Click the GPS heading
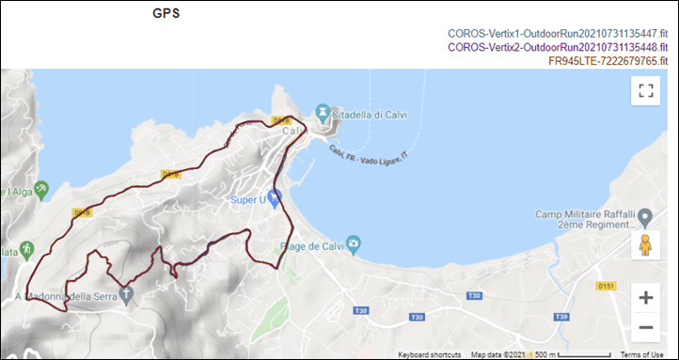coord(167,14)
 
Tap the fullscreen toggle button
coord(645,90)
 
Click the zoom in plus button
coord(645,298)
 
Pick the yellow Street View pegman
coord(645,245)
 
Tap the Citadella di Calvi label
coord(377,112)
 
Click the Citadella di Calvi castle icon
coord(323,111)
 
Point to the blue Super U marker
coord(274,197)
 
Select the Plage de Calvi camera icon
coord(352,244)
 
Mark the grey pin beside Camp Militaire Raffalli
coord(645,218)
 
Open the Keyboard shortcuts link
coord(429,354)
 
